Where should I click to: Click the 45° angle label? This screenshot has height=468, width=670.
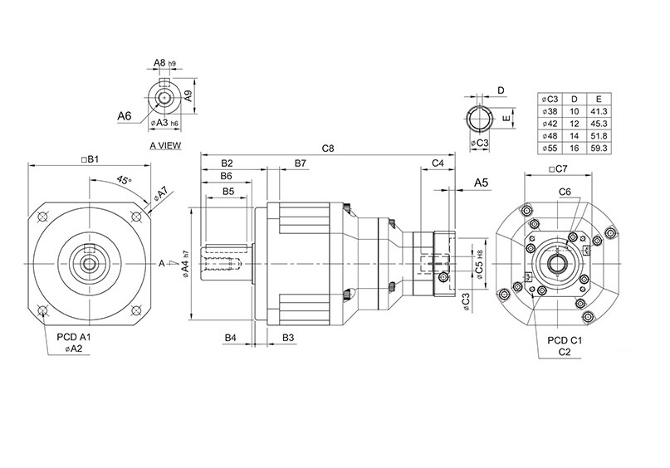pos(124,180)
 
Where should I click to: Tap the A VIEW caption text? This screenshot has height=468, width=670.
pos(165,144)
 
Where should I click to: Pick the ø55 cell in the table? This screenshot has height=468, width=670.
pos(550,148)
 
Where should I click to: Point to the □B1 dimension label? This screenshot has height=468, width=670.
pos(89,158)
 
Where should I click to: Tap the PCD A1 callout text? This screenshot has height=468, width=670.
pos(73,339)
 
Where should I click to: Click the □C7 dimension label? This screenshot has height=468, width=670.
pos(558,169)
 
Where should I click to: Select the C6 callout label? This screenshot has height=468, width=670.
pos(565,192)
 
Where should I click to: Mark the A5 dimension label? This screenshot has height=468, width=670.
pos(481,182)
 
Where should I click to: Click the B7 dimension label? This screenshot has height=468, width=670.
pos(301,163)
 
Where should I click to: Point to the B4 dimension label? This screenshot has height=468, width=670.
pos(232,339)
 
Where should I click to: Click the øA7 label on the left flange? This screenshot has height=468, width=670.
pos(160,195)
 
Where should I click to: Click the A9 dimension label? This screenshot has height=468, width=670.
pos(188,95)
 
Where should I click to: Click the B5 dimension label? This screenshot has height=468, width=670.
pos(228,191)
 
